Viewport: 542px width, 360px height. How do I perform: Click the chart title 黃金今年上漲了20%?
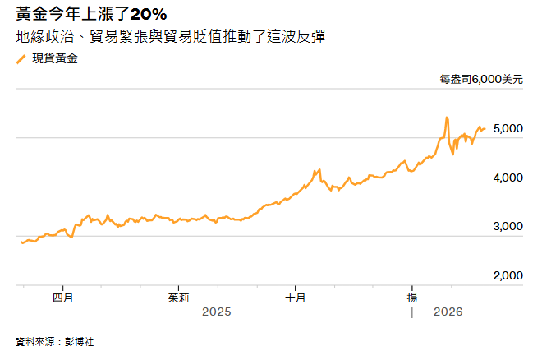(x=91, y=13)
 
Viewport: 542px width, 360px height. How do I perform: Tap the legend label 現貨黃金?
(x=56, y=59)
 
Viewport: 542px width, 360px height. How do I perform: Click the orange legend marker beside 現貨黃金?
(x=21, y=59)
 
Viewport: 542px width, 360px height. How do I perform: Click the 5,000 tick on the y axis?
(x=508, y=129)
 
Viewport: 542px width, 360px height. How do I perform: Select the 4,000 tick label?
(x=508, y=178)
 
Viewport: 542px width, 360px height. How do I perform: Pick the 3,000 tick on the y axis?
(x=508, y=226)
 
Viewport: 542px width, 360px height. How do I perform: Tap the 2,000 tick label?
(x=508, y=275)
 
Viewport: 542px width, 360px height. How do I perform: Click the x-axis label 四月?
(x=62, y=297)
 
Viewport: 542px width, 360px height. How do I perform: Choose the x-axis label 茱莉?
(x=179, y=297)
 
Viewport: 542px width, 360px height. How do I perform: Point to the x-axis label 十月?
(x=296, y=297)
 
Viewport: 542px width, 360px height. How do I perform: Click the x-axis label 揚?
(x=413, y=297)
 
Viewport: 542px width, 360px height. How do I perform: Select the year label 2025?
(x=217, y=312)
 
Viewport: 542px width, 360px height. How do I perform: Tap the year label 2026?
(x=448, y=312)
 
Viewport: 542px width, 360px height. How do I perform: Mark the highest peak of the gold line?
(x=446, y=118)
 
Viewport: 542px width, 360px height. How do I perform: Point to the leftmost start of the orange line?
(x=21, y=242)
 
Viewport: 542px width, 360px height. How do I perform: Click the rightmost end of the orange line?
(x=485, y=128)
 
